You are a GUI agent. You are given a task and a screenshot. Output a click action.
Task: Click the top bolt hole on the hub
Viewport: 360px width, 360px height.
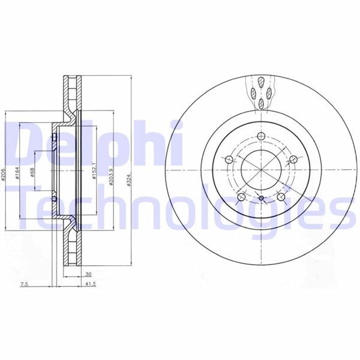click(262, 137)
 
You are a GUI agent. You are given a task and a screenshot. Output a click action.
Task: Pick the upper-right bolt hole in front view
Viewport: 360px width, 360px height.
click(293, 159)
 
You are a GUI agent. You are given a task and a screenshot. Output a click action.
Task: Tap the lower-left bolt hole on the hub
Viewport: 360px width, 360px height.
click(241, 197)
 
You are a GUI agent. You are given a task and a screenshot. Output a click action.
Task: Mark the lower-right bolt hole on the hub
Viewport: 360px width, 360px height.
click(282, 197)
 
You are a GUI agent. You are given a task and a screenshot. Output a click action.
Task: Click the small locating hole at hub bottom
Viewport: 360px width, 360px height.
click(262, 199)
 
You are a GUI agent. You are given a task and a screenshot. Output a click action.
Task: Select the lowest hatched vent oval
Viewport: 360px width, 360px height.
click(262, 103)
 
